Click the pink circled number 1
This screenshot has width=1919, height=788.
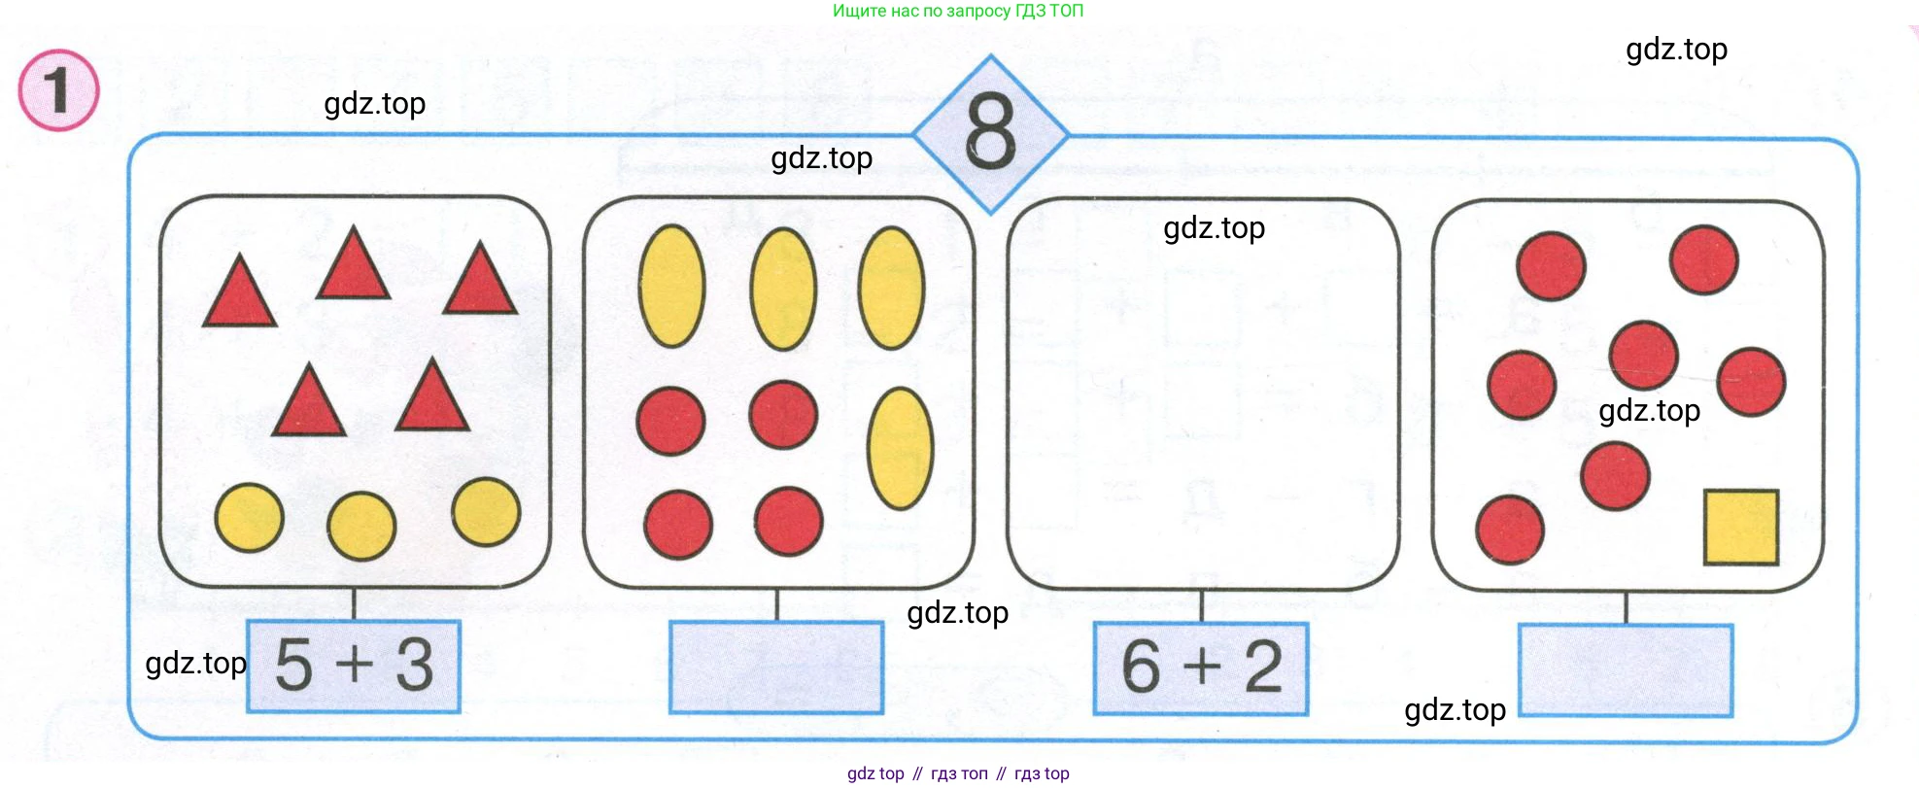click(58, 90)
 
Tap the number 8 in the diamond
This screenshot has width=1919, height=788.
click(991, 133)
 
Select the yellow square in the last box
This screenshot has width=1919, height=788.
click(1741, 528)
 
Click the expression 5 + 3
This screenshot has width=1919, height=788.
click(354, 666)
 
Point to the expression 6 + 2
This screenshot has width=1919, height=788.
click(1202, 668)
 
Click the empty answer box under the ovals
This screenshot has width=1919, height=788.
click(776, 668)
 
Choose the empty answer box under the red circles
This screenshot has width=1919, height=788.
click(1626, 670)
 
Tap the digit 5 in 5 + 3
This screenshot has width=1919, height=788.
click(293, 666)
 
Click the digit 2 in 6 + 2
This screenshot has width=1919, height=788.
click(1263, 668)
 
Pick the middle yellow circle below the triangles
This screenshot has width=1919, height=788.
click(361, 527)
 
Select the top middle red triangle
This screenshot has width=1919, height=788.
click(354, 262)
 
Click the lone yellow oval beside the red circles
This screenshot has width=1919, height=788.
click(901, 449)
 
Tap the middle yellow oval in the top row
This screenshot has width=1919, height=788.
click(783, 289)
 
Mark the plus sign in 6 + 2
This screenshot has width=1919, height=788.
click(1202, 667)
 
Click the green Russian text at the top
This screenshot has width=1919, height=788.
click(957, 11)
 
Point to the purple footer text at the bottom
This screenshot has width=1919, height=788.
click(958, 773)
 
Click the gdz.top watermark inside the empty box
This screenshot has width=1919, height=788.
click(1214, 228)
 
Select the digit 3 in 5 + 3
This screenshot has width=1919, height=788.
click(415, 666)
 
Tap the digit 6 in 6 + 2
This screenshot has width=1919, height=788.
click(1142, 668)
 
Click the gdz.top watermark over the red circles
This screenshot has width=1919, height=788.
click(1649, 411)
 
